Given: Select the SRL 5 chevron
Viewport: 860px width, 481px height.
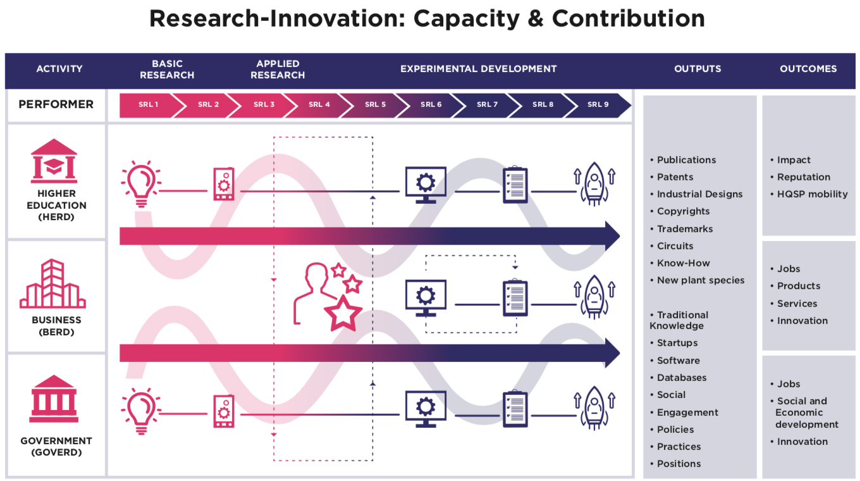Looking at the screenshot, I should point(375,105).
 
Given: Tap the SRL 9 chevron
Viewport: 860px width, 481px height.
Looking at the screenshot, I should point(598,105).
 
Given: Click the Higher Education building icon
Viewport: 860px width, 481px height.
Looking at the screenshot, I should point(54,161).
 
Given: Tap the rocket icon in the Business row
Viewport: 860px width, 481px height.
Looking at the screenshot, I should point(594,297).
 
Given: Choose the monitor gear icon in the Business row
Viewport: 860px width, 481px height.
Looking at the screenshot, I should point(426,298).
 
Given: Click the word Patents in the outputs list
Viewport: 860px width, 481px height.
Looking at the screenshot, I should point(675,177).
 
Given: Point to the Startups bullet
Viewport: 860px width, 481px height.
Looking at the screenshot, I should point(677,343).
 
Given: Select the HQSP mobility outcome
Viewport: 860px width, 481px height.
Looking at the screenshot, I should point(812,194).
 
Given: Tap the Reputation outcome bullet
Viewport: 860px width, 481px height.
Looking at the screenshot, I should point(803,177).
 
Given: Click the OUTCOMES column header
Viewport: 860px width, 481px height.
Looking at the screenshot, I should point(808,69).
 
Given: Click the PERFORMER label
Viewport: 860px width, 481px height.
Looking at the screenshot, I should point(56,104).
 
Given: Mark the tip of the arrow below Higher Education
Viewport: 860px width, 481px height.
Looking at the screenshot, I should point(618,236).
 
